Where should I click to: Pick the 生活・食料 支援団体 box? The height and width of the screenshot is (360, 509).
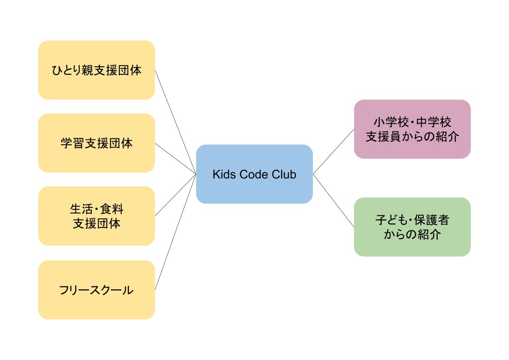click(96, 232)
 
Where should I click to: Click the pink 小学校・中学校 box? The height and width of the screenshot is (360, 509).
click(412, 145)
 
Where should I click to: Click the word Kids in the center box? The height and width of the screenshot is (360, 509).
click(222, 174)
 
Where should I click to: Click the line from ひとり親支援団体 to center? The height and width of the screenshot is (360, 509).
click(175, 122)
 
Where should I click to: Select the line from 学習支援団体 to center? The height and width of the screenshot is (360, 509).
click(175, 158)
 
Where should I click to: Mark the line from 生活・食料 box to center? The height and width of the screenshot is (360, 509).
click(175, 194)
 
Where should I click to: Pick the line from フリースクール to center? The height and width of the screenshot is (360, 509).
click(175, 232)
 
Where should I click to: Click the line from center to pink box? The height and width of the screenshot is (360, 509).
click(334, 152)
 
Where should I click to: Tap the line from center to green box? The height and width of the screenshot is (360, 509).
click(334, 201)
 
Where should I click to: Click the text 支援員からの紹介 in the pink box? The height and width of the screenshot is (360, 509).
click(412, 136)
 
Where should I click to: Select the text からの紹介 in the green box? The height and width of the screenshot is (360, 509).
click(412, 234)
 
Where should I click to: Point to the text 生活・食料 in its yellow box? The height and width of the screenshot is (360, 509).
click(96, 209)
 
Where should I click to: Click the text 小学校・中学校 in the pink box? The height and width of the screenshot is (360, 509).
click(412, 122)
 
